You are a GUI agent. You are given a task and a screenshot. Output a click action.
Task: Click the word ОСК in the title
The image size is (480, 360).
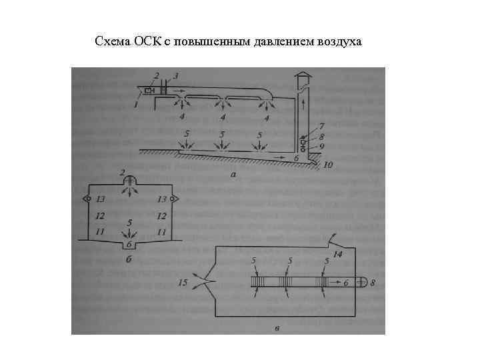[x=138, y=43]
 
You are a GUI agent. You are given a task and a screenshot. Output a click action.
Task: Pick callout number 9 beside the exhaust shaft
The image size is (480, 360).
[x=322, y=146]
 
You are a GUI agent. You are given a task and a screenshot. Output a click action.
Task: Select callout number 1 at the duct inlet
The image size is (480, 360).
[x=135, y=104]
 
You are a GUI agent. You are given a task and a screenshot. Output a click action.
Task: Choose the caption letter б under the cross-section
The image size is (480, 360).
[x=129, y=258]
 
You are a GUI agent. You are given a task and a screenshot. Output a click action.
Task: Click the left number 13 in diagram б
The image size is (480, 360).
[x=100, y=199]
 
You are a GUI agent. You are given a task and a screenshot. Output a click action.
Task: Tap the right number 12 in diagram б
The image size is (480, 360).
[x=160, y=215]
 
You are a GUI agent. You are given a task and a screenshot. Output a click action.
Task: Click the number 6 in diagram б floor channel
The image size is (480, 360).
[x=129, y=243]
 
